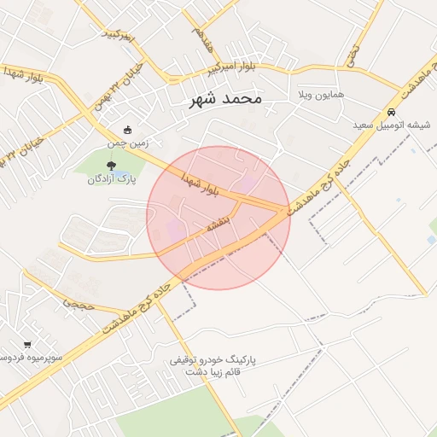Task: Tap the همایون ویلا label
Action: (x=321, y=94)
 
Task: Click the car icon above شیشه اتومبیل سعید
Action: (x=391, y=112)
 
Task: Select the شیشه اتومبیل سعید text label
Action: (x=393, y=125)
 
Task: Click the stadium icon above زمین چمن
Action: (x=128, y=131)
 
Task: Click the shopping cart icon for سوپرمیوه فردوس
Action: (x=28, y=345)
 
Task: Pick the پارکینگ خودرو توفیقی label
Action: (x=213, y=362)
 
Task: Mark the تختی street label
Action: (x=353, y=55)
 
